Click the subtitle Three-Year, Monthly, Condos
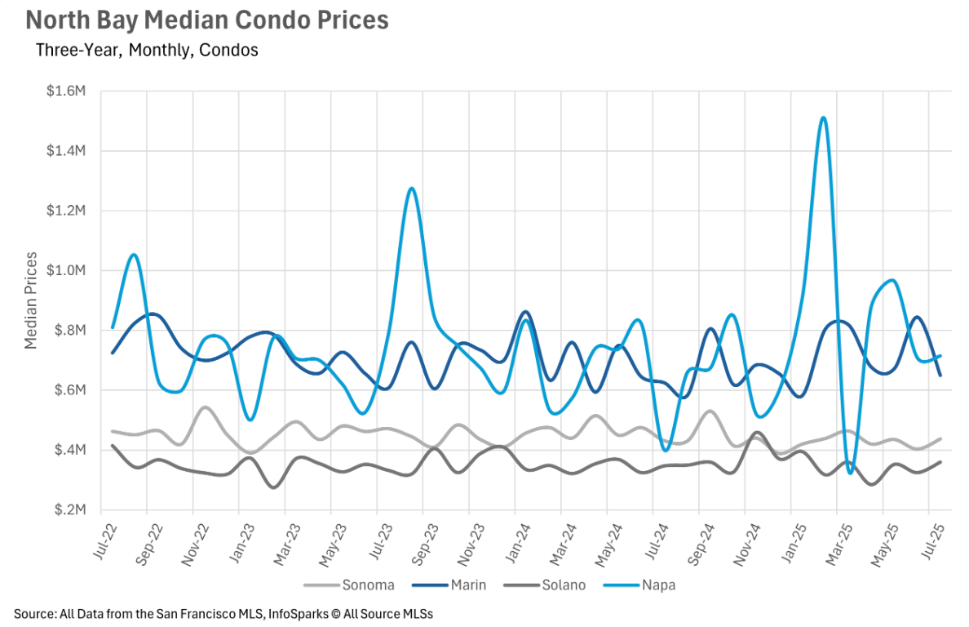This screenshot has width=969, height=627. pyautogui.click(x=147, y=50)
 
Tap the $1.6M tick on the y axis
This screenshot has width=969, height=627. pyautogui.click(x=66, y=91)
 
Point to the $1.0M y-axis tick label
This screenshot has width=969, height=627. pyautogui.click(x=66, y=270)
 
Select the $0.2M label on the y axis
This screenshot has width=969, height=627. pyautogui.click(x=66, y=509)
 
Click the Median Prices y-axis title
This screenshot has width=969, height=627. pyautogui.click(x=31, y=300)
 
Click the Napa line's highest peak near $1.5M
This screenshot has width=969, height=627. pyautogui.click(x=823, y=118)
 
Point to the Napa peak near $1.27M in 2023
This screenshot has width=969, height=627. pyautogui.click(x=412, y=189)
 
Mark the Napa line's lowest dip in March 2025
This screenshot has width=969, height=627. pyautogui.click(x=850, y=473)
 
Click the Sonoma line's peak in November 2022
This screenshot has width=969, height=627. pyautogui.click(x=205, y=407)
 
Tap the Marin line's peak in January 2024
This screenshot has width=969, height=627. pyautogui.click(x=525, y=312)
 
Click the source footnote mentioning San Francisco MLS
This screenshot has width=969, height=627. pyautogui.click(x=223, y=613)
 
